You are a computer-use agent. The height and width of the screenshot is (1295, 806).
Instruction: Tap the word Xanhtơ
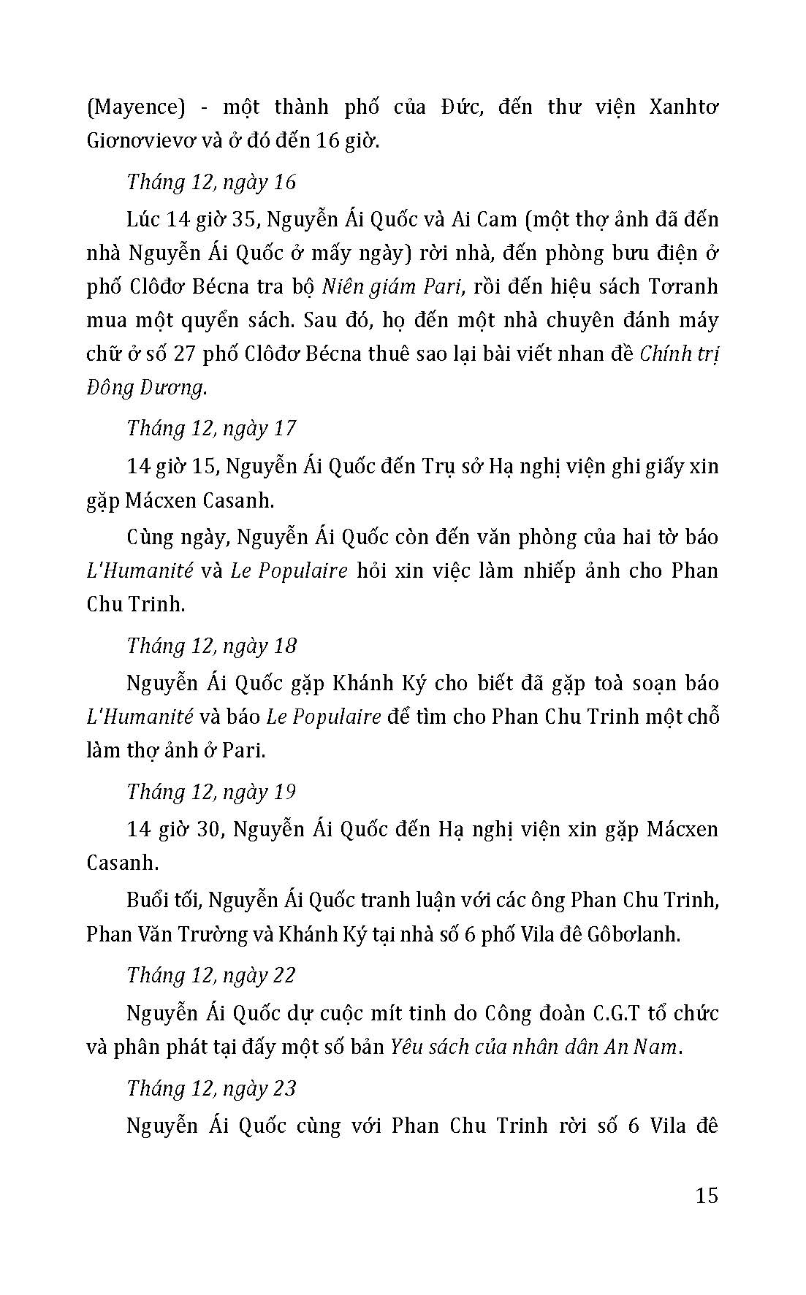coord(683,107)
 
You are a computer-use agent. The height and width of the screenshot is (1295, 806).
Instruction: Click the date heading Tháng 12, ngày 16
coord(211,182)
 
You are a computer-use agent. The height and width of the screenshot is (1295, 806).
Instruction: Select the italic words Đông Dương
coord(146,388)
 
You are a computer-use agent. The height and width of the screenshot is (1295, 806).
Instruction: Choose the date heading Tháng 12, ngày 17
coord(211,428)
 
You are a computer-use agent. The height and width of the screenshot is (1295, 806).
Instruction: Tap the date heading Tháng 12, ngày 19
coord(211,792)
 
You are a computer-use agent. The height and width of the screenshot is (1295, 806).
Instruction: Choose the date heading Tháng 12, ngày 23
coord(211,1088)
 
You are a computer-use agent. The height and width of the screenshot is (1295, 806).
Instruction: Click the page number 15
coord(707,1196)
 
